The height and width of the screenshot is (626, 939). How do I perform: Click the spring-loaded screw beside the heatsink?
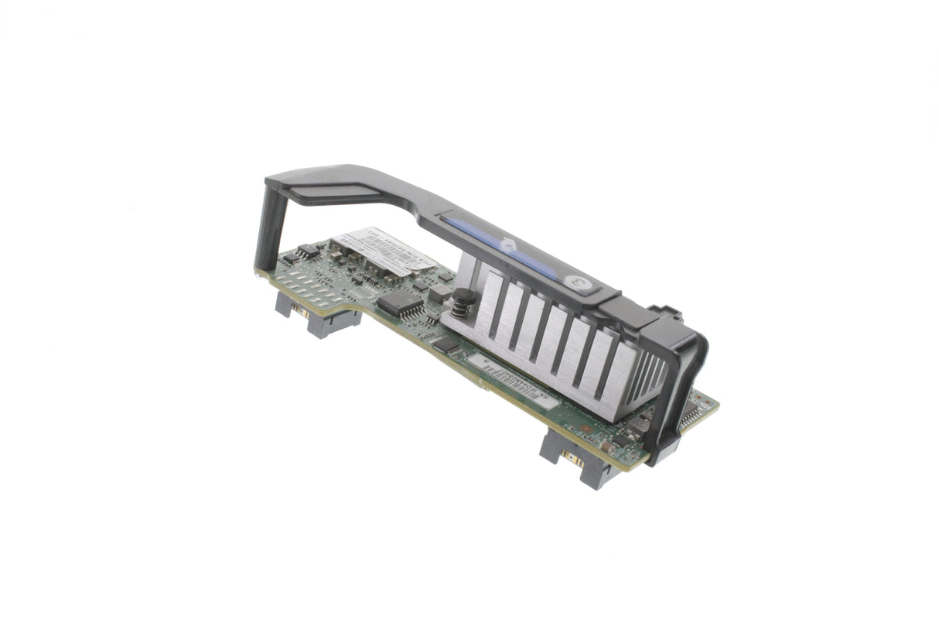tap(462, 303)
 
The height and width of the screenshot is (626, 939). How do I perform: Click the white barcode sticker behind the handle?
tap(387, 248)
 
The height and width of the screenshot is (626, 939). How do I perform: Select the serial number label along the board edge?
tap(510, 380)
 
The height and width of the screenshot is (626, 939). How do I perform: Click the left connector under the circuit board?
tap(318, 314)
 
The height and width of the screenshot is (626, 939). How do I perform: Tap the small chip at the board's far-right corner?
tap(691, 416)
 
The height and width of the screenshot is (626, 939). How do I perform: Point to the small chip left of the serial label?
tap(448, 346)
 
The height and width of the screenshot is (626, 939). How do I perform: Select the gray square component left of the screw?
tap(439, 293)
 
